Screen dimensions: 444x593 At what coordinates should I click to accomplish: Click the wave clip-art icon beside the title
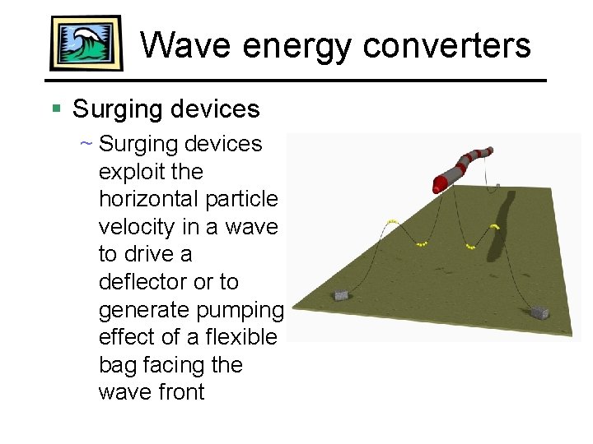click(x=86, y=43)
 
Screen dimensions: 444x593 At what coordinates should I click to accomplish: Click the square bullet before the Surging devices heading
click(x=56, y=109)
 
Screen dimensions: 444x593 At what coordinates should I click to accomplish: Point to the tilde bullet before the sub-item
click(x=85, y=144)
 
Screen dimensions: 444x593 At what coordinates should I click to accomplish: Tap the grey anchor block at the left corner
click(x=340, y=295)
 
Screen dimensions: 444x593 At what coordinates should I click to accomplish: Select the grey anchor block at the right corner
click(x=539, y=312)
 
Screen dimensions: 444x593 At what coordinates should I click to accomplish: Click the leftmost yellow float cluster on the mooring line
click(x=392, y=222)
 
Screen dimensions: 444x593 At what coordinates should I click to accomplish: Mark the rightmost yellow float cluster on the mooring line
click(x=494, y=226)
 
